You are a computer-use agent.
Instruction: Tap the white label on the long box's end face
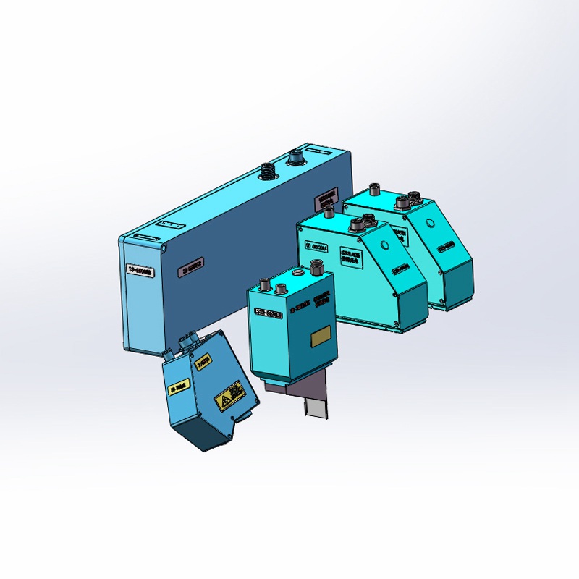(x=140, y=271)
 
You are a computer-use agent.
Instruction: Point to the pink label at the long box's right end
(x=326, y=198)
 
